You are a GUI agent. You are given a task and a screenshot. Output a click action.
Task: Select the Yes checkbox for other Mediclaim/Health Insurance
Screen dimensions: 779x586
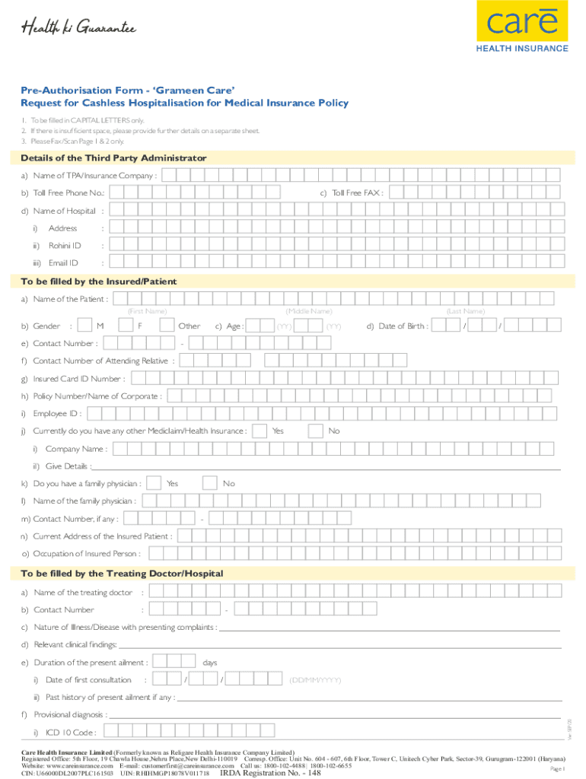coord(260,431)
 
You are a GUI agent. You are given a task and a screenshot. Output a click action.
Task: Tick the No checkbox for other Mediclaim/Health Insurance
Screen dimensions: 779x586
coord(316,431)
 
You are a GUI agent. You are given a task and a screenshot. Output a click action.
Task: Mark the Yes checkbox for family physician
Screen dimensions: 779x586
coord(154,483)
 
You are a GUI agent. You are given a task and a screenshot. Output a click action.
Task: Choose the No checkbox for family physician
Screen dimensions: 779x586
coord(210,483)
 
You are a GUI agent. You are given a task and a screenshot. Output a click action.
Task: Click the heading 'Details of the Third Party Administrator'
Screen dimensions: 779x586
coord(113,157)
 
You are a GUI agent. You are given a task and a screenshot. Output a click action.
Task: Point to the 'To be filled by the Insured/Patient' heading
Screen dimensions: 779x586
coord(99,281)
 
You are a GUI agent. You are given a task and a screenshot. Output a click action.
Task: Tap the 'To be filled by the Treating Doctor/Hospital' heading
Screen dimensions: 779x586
coord(122,573)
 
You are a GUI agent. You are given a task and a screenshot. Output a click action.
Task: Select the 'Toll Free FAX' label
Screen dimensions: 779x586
coord(358,193)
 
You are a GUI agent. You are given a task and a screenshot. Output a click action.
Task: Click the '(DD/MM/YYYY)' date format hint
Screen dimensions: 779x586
coord(314,679)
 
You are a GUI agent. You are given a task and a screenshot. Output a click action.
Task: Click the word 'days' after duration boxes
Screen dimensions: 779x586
coord(210,663)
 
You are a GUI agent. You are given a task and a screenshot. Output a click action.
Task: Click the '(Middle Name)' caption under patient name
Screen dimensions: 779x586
coord(308,311)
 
